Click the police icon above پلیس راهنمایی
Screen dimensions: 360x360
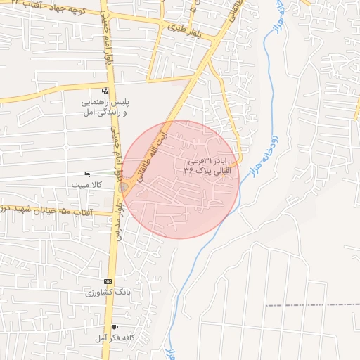tap(105, 91)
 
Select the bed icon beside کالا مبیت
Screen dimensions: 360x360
tap(86, 174)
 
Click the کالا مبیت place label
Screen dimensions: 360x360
tap(86, 184)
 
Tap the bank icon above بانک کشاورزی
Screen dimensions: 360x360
tap(107, 281)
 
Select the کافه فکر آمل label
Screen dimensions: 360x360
tap(112, 338)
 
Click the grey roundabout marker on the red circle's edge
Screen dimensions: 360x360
tap(124, 188)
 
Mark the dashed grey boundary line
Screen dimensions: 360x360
tap(309, 305)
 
